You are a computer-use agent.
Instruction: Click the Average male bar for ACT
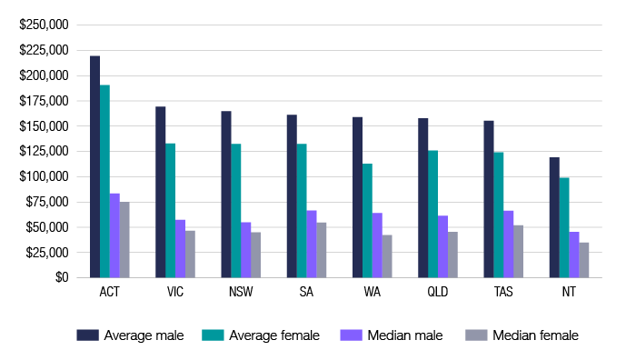pos(94,166)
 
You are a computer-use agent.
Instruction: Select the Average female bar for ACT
pos(104,181)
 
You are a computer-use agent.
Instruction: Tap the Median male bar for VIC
pos(180,248)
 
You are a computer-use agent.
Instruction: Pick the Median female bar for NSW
pos(255,255)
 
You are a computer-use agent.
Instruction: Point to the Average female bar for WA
pos(366,220)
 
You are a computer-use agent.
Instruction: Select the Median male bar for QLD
pos(442,246)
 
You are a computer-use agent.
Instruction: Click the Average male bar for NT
pos(553,217)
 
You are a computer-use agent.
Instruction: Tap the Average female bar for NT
pos(563,227)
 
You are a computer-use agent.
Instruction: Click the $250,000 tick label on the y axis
pos(44,25)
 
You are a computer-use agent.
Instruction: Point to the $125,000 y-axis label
pos(44,151)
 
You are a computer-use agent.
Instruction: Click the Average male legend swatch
pos(88,335)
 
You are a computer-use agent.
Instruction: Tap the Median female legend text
pos(535,335)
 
